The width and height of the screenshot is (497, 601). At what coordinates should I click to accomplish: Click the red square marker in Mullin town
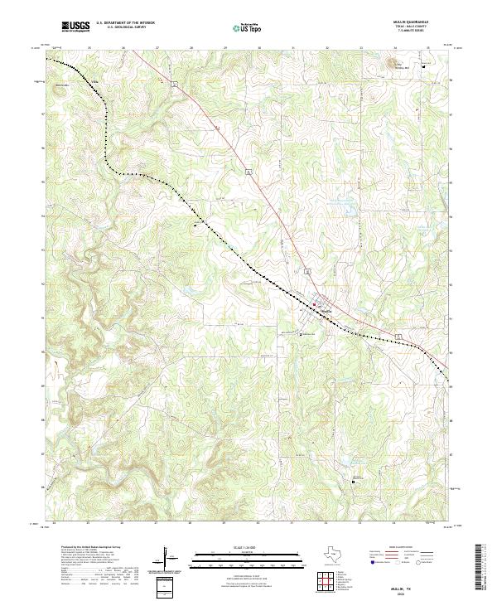[314, 304]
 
